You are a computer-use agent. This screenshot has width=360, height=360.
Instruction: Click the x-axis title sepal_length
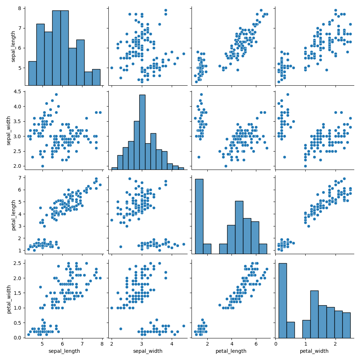pyautogui.click(x=64, y=351)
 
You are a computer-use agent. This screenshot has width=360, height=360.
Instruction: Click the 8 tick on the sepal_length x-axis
pyautogui.click(x=102, y=343)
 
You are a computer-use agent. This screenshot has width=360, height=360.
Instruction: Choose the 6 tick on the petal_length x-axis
pyautogui.click(x=256, y=343)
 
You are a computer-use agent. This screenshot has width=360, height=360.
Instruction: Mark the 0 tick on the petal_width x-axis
pyautogui.click(x=276, y=343)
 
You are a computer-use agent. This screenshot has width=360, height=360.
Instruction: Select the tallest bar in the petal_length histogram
pyautogui.click(x=199, y=216)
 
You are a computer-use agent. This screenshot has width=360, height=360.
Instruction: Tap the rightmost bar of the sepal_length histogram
pyautogui.click(x=96, y=77)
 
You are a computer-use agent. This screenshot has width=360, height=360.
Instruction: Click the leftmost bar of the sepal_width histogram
pyautogui.click(x=114, y=168)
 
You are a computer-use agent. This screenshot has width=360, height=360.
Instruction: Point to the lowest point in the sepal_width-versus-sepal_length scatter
pyautogui.click(x=42, y=166)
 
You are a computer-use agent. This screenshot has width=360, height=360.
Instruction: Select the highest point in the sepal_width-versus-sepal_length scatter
pyautogui.click(x=56, y=94)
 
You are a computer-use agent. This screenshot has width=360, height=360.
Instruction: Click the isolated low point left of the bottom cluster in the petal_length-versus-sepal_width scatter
pyautogui.click(x=121, y=247)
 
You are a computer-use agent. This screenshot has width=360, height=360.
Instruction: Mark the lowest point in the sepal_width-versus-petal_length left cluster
pyautogui.click(x=199, y=157)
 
